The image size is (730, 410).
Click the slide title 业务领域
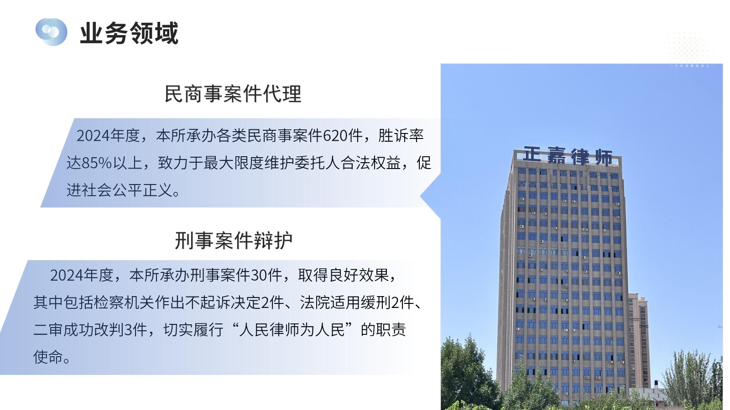129,33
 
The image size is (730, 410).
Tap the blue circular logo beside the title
51,32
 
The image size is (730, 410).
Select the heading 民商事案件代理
233,94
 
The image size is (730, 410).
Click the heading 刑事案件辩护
233,241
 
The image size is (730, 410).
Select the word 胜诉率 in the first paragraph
401,135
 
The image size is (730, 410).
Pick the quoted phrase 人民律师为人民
292,330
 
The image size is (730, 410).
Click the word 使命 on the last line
48,357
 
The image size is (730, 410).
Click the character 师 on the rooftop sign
604,158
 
